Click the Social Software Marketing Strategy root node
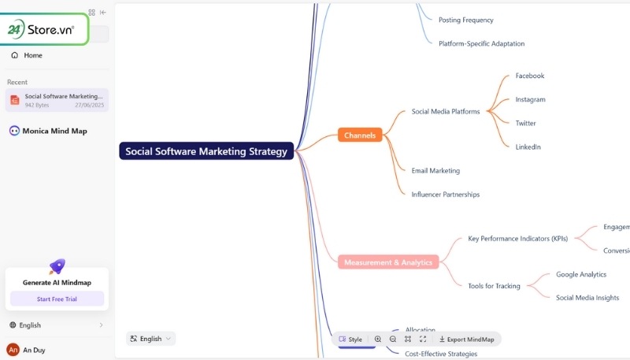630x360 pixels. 206,151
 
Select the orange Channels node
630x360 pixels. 360,135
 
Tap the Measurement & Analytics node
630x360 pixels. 388,262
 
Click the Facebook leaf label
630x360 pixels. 530,76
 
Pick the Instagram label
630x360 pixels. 530,99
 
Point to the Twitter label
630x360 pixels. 525,123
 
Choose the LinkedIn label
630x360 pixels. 528,147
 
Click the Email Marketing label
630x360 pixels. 435,170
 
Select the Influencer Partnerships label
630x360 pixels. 445,194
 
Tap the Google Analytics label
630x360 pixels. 581,274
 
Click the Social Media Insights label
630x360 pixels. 587,298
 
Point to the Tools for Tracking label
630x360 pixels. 494,286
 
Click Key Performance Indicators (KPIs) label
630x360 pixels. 517,239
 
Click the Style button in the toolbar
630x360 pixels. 350,339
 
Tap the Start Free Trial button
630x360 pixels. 57,299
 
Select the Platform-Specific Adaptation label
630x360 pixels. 481,43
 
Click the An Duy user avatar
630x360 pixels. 13,349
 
